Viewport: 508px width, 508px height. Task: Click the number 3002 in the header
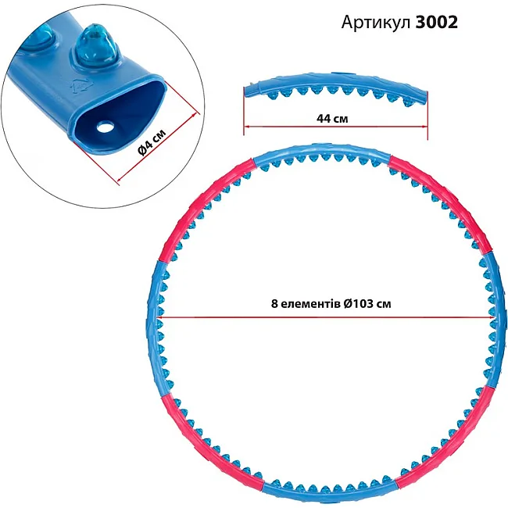(436, 23)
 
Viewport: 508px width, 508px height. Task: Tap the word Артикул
(376, 23)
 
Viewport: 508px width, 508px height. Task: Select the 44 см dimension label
(332, 119)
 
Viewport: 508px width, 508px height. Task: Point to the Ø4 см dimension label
(152, 142)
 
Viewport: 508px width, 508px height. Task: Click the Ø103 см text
(367, 304)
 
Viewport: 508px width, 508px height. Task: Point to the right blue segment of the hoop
(496, 320)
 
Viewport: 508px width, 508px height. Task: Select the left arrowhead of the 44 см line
(246, 126)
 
